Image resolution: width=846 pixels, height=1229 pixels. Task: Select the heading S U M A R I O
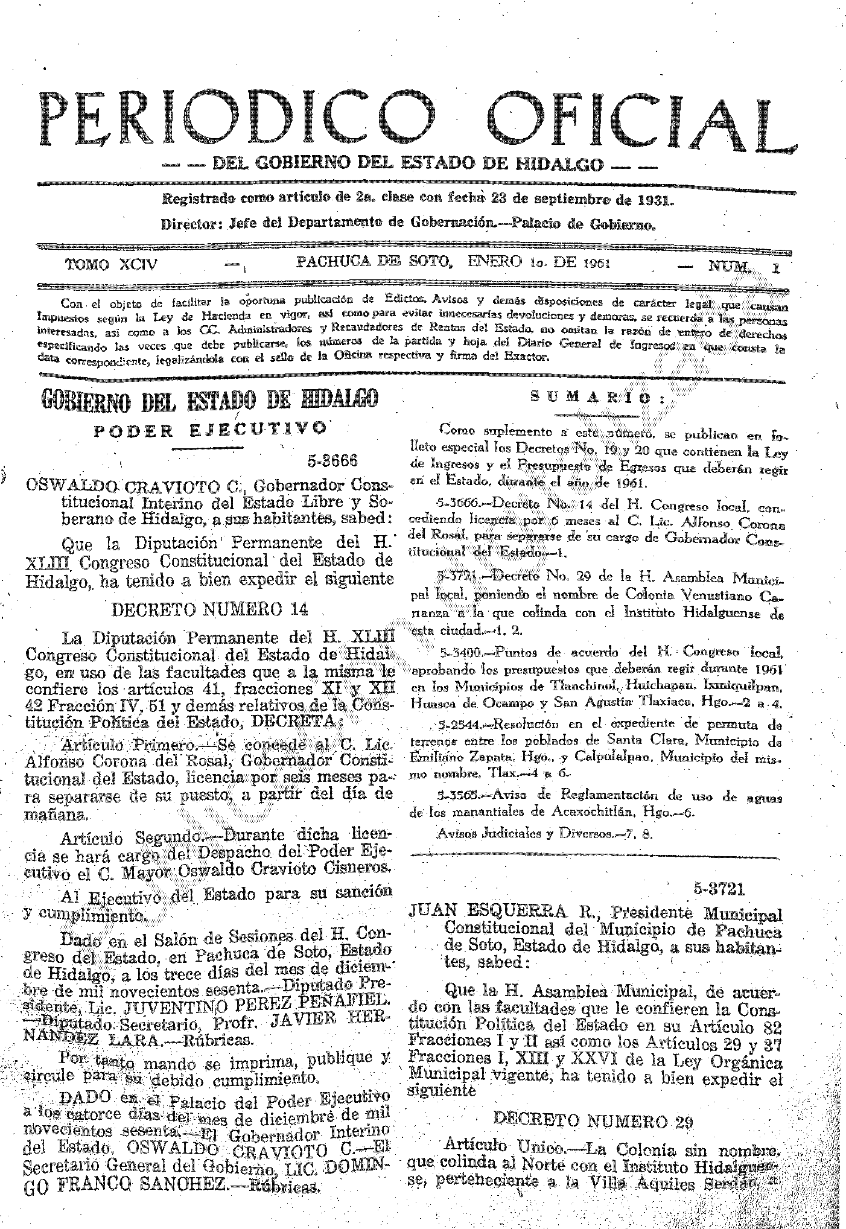coord(597,398)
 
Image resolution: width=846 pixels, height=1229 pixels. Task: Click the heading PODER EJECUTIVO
coord(209,430)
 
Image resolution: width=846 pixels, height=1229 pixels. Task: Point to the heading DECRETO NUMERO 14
coord(210,609)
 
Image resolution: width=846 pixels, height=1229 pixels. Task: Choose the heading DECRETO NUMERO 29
coord(593,1119)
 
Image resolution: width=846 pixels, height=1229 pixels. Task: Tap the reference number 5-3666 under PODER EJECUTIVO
coord(333,462)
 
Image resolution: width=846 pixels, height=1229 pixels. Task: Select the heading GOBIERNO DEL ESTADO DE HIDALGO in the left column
coord(209,399)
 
